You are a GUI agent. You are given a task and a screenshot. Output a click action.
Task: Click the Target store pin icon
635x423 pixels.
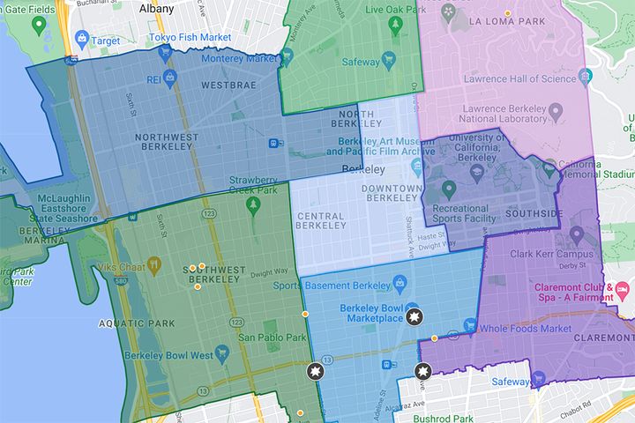(82, 38)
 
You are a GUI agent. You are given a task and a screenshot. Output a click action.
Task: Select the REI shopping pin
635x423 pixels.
(171, 77)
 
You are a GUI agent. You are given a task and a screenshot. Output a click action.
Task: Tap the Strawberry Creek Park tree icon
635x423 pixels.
(254, 204)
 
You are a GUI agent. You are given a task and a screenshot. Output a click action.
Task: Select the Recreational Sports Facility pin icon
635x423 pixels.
(447, 189)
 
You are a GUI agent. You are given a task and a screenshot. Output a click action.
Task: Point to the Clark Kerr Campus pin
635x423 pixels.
(577, 235)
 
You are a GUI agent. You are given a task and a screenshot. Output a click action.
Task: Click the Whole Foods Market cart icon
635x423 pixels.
(469, 328)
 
